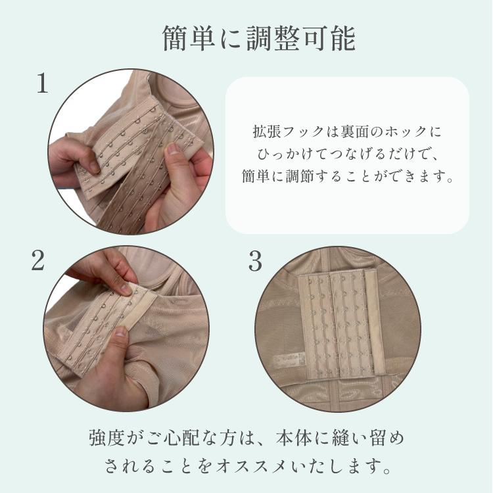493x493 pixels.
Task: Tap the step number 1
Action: pyautogui.click(x=42, y=83)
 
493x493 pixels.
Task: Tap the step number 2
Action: pyautogui.click(x=37, y=261)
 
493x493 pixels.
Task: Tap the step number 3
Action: pyautogui.click(x=255, y=262)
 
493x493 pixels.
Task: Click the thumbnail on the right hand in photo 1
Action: pyautogui.click(x=172, y=149)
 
